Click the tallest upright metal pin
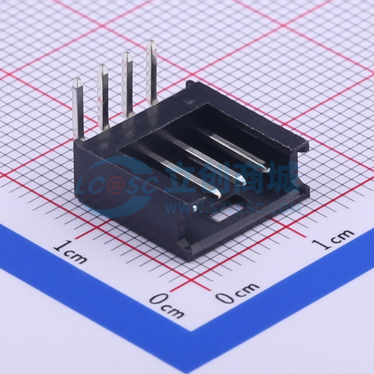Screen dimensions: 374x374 [151, 74]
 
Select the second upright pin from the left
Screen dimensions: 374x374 [103, 97]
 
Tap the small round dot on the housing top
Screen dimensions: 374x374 [188, 101]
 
